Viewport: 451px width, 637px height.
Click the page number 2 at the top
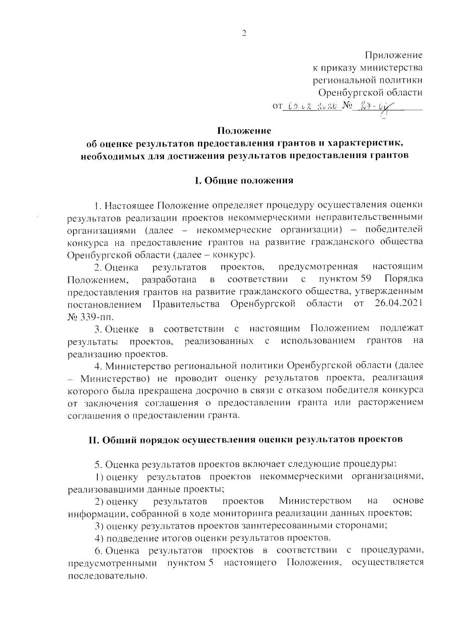[x=244, y=33]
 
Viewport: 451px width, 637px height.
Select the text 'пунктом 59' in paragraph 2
[x=342, y=279]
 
